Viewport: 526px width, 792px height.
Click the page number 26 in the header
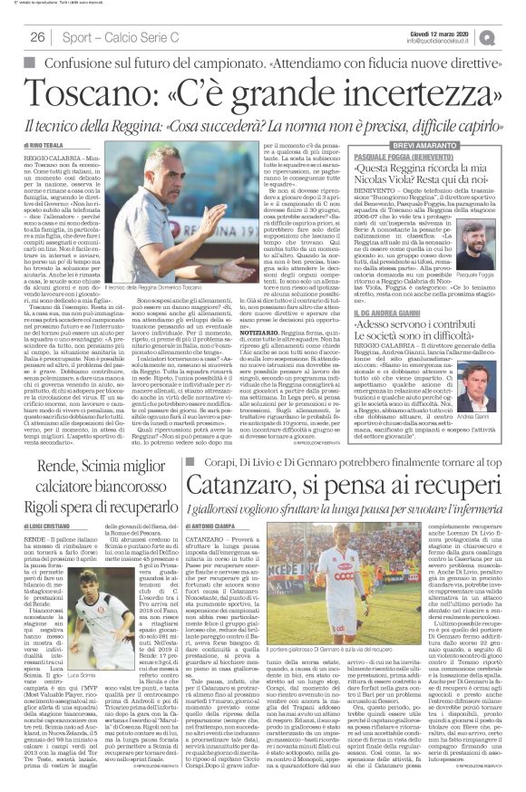37,36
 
